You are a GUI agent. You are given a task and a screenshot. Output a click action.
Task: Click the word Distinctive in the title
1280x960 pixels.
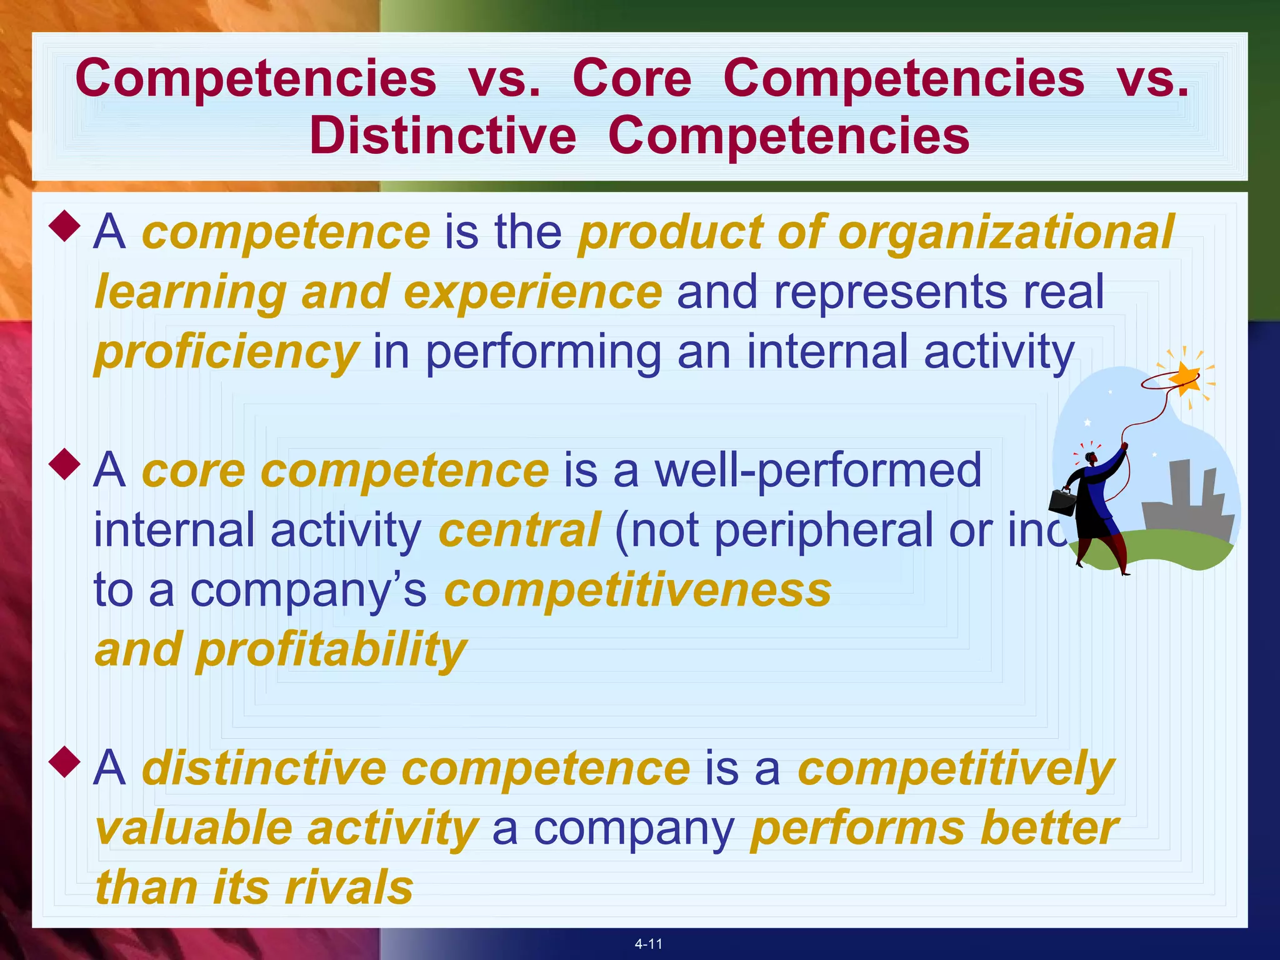click(442, 136)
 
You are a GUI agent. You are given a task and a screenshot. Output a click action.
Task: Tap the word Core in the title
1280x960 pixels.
click(632, 79)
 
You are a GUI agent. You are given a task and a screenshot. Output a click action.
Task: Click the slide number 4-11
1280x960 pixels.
click(648, 944)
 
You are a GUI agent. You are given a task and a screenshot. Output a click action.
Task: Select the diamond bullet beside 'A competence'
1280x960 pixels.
click(64, 226)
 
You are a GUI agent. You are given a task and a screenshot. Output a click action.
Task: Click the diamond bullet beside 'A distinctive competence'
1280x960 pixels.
click(64, 762)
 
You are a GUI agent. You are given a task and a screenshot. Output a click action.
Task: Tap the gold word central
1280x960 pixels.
click(519, 530)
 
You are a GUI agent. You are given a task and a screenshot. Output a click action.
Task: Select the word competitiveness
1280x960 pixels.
click(637, 590)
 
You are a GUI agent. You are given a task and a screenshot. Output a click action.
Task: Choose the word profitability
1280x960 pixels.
click(331, 650)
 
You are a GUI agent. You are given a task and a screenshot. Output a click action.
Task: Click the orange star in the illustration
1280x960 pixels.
click(1184, 378)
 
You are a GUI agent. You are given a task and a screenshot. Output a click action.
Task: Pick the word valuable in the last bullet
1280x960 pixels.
click(194, 828)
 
